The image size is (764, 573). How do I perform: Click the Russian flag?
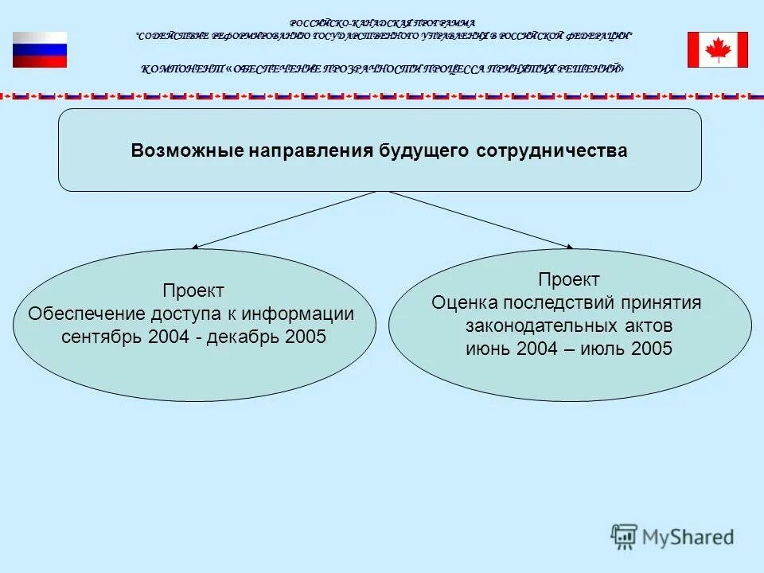pos(40,49)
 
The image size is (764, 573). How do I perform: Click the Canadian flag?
pos(718,49)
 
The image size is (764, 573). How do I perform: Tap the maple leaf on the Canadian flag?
pos(718,49)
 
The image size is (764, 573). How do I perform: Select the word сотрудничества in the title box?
pos(552,151)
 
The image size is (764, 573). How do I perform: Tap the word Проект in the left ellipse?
pos(193,291)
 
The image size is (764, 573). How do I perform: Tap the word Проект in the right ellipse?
pos(569,280)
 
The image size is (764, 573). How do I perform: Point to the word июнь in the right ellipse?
pos(487,349)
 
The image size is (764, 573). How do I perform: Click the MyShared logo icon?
pos(625,537)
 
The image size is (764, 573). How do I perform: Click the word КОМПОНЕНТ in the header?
pos(182,69)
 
